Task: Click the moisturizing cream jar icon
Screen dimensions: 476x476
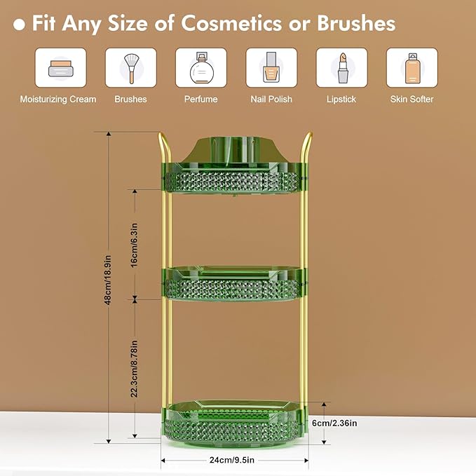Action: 60,68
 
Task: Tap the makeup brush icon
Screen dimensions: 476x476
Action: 131,68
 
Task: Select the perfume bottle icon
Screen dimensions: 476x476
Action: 201,68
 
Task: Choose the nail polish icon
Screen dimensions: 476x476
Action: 271,68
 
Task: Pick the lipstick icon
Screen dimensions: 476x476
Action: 341,68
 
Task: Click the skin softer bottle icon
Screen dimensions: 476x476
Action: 412,68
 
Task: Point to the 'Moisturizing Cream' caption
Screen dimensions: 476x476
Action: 58,100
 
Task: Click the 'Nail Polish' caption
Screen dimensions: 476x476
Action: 271,100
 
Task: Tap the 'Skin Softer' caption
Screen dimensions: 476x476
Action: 412,100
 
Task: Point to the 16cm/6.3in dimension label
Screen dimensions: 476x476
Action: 135,243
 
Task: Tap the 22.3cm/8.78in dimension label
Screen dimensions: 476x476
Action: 135,369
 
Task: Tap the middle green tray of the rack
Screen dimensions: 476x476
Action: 235,283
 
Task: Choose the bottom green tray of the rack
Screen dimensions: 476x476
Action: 235,421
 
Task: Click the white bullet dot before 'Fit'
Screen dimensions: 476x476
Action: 20,25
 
